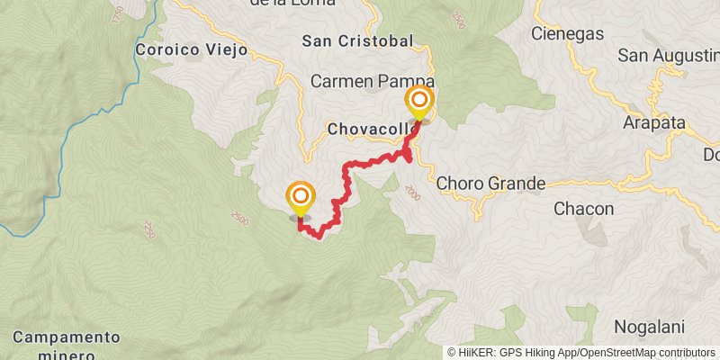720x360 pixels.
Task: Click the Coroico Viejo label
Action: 191,49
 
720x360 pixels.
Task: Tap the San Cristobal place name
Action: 357,40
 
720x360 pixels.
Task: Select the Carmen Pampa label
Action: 372,81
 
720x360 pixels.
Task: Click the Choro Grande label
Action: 491,184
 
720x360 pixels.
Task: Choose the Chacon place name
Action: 583,209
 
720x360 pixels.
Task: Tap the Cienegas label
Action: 567,33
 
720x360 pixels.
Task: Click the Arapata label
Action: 653,123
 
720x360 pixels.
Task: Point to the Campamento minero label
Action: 67,344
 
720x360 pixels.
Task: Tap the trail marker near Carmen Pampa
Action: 419,102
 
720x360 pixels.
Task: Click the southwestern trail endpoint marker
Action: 301,198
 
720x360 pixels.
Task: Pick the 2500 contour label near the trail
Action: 238,219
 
